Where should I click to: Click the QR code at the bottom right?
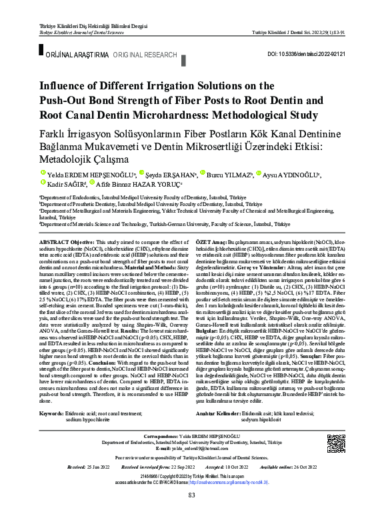pyautogui.click(x=337, y=443)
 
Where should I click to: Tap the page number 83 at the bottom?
pyautogui.click(x=192, y=513)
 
